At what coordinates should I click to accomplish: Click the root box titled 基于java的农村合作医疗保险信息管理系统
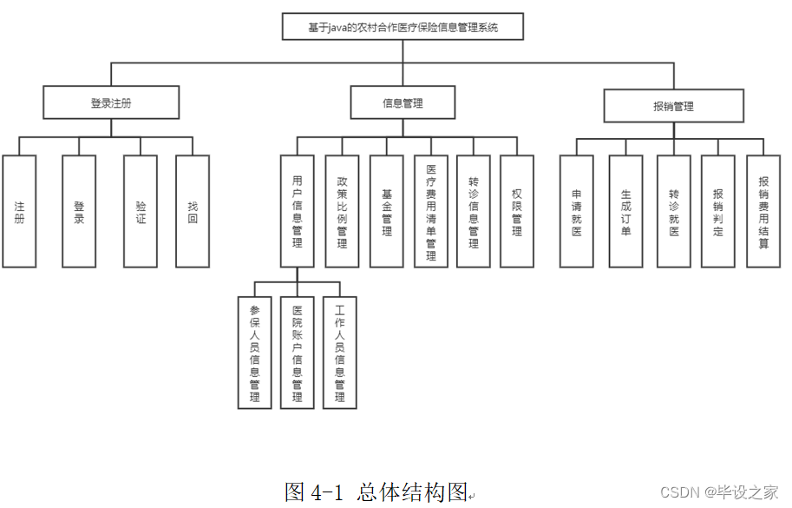[403, 27]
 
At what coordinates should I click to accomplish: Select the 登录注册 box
[111, 102]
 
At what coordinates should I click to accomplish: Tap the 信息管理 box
[403, 102]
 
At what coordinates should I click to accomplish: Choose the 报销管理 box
[673, 107]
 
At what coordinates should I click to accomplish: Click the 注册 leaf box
[19, 211]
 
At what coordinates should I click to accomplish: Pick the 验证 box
[141, 211]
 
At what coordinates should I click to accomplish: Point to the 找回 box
[193, 211]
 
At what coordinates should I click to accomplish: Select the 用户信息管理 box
[297, 211]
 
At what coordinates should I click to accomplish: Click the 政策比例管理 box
[342, 211]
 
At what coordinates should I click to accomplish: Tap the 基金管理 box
[387, 211]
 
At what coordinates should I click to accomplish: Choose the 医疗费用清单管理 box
[430, 211]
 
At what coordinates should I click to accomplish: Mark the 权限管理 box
[517, 211]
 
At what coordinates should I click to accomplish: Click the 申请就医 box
[577, 211]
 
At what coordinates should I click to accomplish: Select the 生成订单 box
[626, 211]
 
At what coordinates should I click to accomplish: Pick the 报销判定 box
[718, 211]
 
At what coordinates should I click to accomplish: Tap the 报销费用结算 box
[763, 211]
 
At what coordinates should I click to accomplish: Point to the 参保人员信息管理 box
[254, 352]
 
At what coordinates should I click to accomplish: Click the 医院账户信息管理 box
[297, 352]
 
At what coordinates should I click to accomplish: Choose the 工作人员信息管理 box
[340, 352]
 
